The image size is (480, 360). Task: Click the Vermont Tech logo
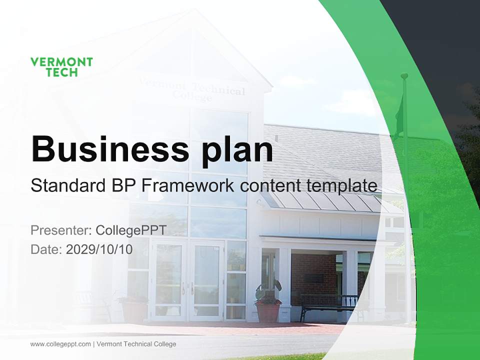tap(61, 67)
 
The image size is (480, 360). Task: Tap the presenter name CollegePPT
tap(131, 230)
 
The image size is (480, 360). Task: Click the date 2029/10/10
tap(99, 249)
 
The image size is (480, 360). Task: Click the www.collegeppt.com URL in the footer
tap(60, 344)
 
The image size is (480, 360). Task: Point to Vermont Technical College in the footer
tap(136, 344)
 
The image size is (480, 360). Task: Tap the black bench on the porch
tap(330, 303)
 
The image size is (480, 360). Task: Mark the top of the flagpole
tap(404, 76)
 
